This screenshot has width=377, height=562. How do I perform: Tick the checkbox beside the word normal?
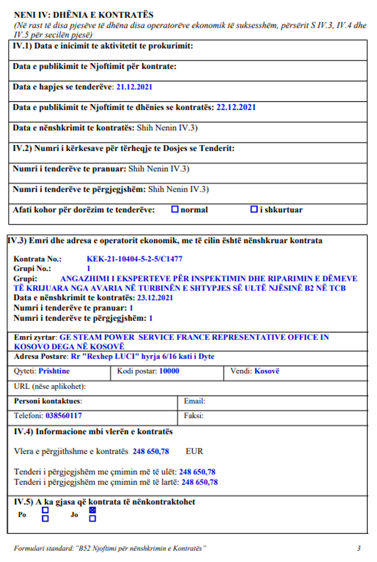coord(175,209)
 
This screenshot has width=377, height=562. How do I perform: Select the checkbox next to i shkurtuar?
coord(254,209)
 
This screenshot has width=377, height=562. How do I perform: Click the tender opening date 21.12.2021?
coord(134,87)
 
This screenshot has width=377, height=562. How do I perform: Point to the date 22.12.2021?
coord(236,107)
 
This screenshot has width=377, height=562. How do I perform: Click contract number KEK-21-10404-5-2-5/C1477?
coord(134,259)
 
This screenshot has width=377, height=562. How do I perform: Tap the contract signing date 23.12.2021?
coord(155,298)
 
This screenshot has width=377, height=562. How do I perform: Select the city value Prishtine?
coord(54,371)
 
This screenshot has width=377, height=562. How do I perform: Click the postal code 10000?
coord(169,371)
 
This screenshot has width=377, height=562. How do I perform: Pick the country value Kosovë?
coord(267,371)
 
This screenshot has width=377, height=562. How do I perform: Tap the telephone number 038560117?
coord(63,416)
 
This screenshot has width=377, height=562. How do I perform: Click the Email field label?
coord(194,401)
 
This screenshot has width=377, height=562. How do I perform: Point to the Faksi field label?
coord(194,416)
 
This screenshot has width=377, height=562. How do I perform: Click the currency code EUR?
coord(194,452)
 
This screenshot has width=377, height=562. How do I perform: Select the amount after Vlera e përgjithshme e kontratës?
coord(151,452)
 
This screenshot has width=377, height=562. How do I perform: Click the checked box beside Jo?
coord(92,510)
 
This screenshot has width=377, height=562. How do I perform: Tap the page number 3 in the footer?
coord(359,548)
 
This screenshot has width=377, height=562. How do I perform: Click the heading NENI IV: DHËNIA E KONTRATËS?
coord(83,15)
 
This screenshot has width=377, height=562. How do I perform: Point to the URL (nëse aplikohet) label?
coord(50,387)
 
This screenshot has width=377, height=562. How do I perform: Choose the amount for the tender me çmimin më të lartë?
coord(199,482)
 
